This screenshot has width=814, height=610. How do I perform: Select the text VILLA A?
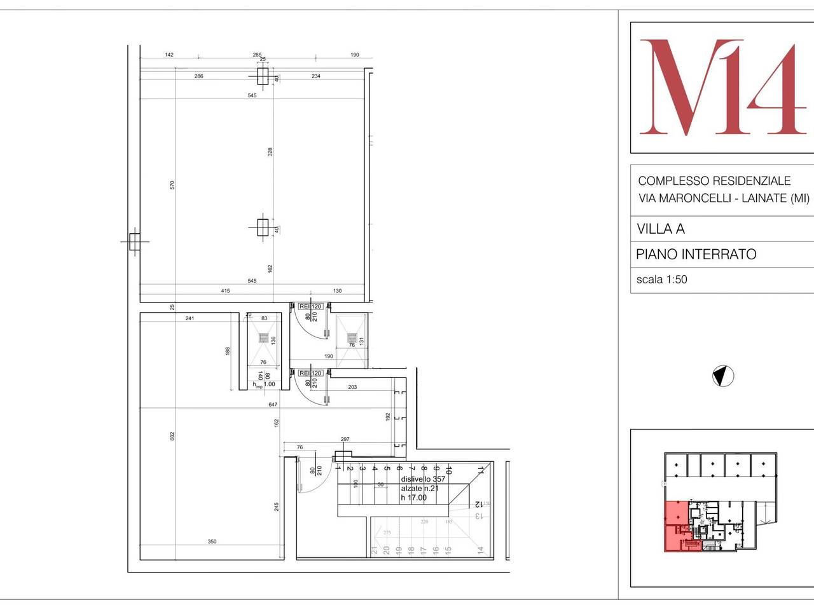(x=661, y=229)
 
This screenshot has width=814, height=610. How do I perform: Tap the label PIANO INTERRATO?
(x=696, y=255)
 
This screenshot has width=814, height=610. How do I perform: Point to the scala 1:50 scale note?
(x=661, y=279)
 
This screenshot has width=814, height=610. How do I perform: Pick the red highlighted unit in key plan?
(x=675, y=525)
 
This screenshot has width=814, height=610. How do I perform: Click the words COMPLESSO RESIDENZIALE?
(x=714, y=181)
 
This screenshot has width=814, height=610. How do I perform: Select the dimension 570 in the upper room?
(x=172, y=185)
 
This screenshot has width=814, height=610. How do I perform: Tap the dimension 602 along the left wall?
(x=172, y=436)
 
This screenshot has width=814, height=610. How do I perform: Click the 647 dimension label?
(x=273, y=405)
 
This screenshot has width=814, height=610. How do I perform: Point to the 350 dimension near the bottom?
(x=212, y=542)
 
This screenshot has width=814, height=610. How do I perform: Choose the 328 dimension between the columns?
(x=270, y=152)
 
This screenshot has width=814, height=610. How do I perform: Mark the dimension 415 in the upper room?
(x=225, y=291)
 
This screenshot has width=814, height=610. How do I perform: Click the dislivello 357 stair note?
(x=423, y=479)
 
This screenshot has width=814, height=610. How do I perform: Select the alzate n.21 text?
(x=419, y=489)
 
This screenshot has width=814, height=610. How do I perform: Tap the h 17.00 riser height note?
(x=414, y=498)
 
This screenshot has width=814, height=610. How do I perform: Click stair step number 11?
(x=480, y=471)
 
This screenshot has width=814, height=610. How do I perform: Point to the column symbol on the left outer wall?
(x=134, y=242)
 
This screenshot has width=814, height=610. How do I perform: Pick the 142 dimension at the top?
(x=169, y=55)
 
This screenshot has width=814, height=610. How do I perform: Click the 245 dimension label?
(x=277, y=507)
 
